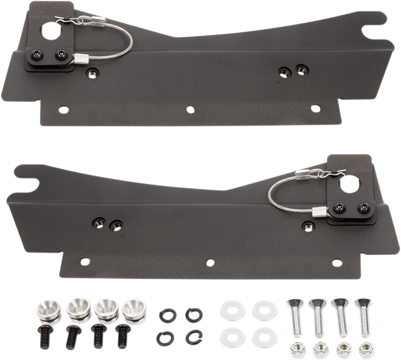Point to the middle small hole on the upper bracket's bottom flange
click(190, 109)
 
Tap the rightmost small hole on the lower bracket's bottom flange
click(335, 262)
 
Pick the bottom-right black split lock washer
click(191, 335)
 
